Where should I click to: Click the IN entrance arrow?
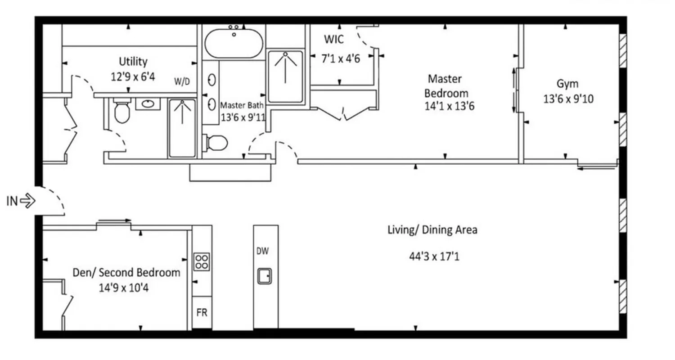click(28, 201)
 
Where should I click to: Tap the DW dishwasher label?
click(263, 252)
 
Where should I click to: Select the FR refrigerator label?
click(202, 312)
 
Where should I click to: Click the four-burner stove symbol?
click(202, 261)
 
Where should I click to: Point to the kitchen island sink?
click(265, 275)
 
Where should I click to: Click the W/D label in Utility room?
click(182, 81)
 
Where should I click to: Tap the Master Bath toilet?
click(216, 143)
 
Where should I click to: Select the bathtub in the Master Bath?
click(234, 43)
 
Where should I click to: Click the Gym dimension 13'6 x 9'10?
click(568, 99)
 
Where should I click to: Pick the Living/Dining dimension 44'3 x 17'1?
click(434, 257)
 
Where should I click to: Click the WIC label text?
click(334, 40)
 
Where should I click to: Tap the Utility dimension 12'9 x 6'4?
click(133, 76)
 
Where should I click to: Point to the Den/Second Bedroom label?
click(126, 272)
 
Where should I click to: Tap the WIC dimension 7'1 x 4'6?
click(340, 58)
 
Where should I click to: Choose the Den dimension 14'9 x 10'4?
click(124, 288)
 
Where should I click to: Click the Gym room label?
click(567, 84)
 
